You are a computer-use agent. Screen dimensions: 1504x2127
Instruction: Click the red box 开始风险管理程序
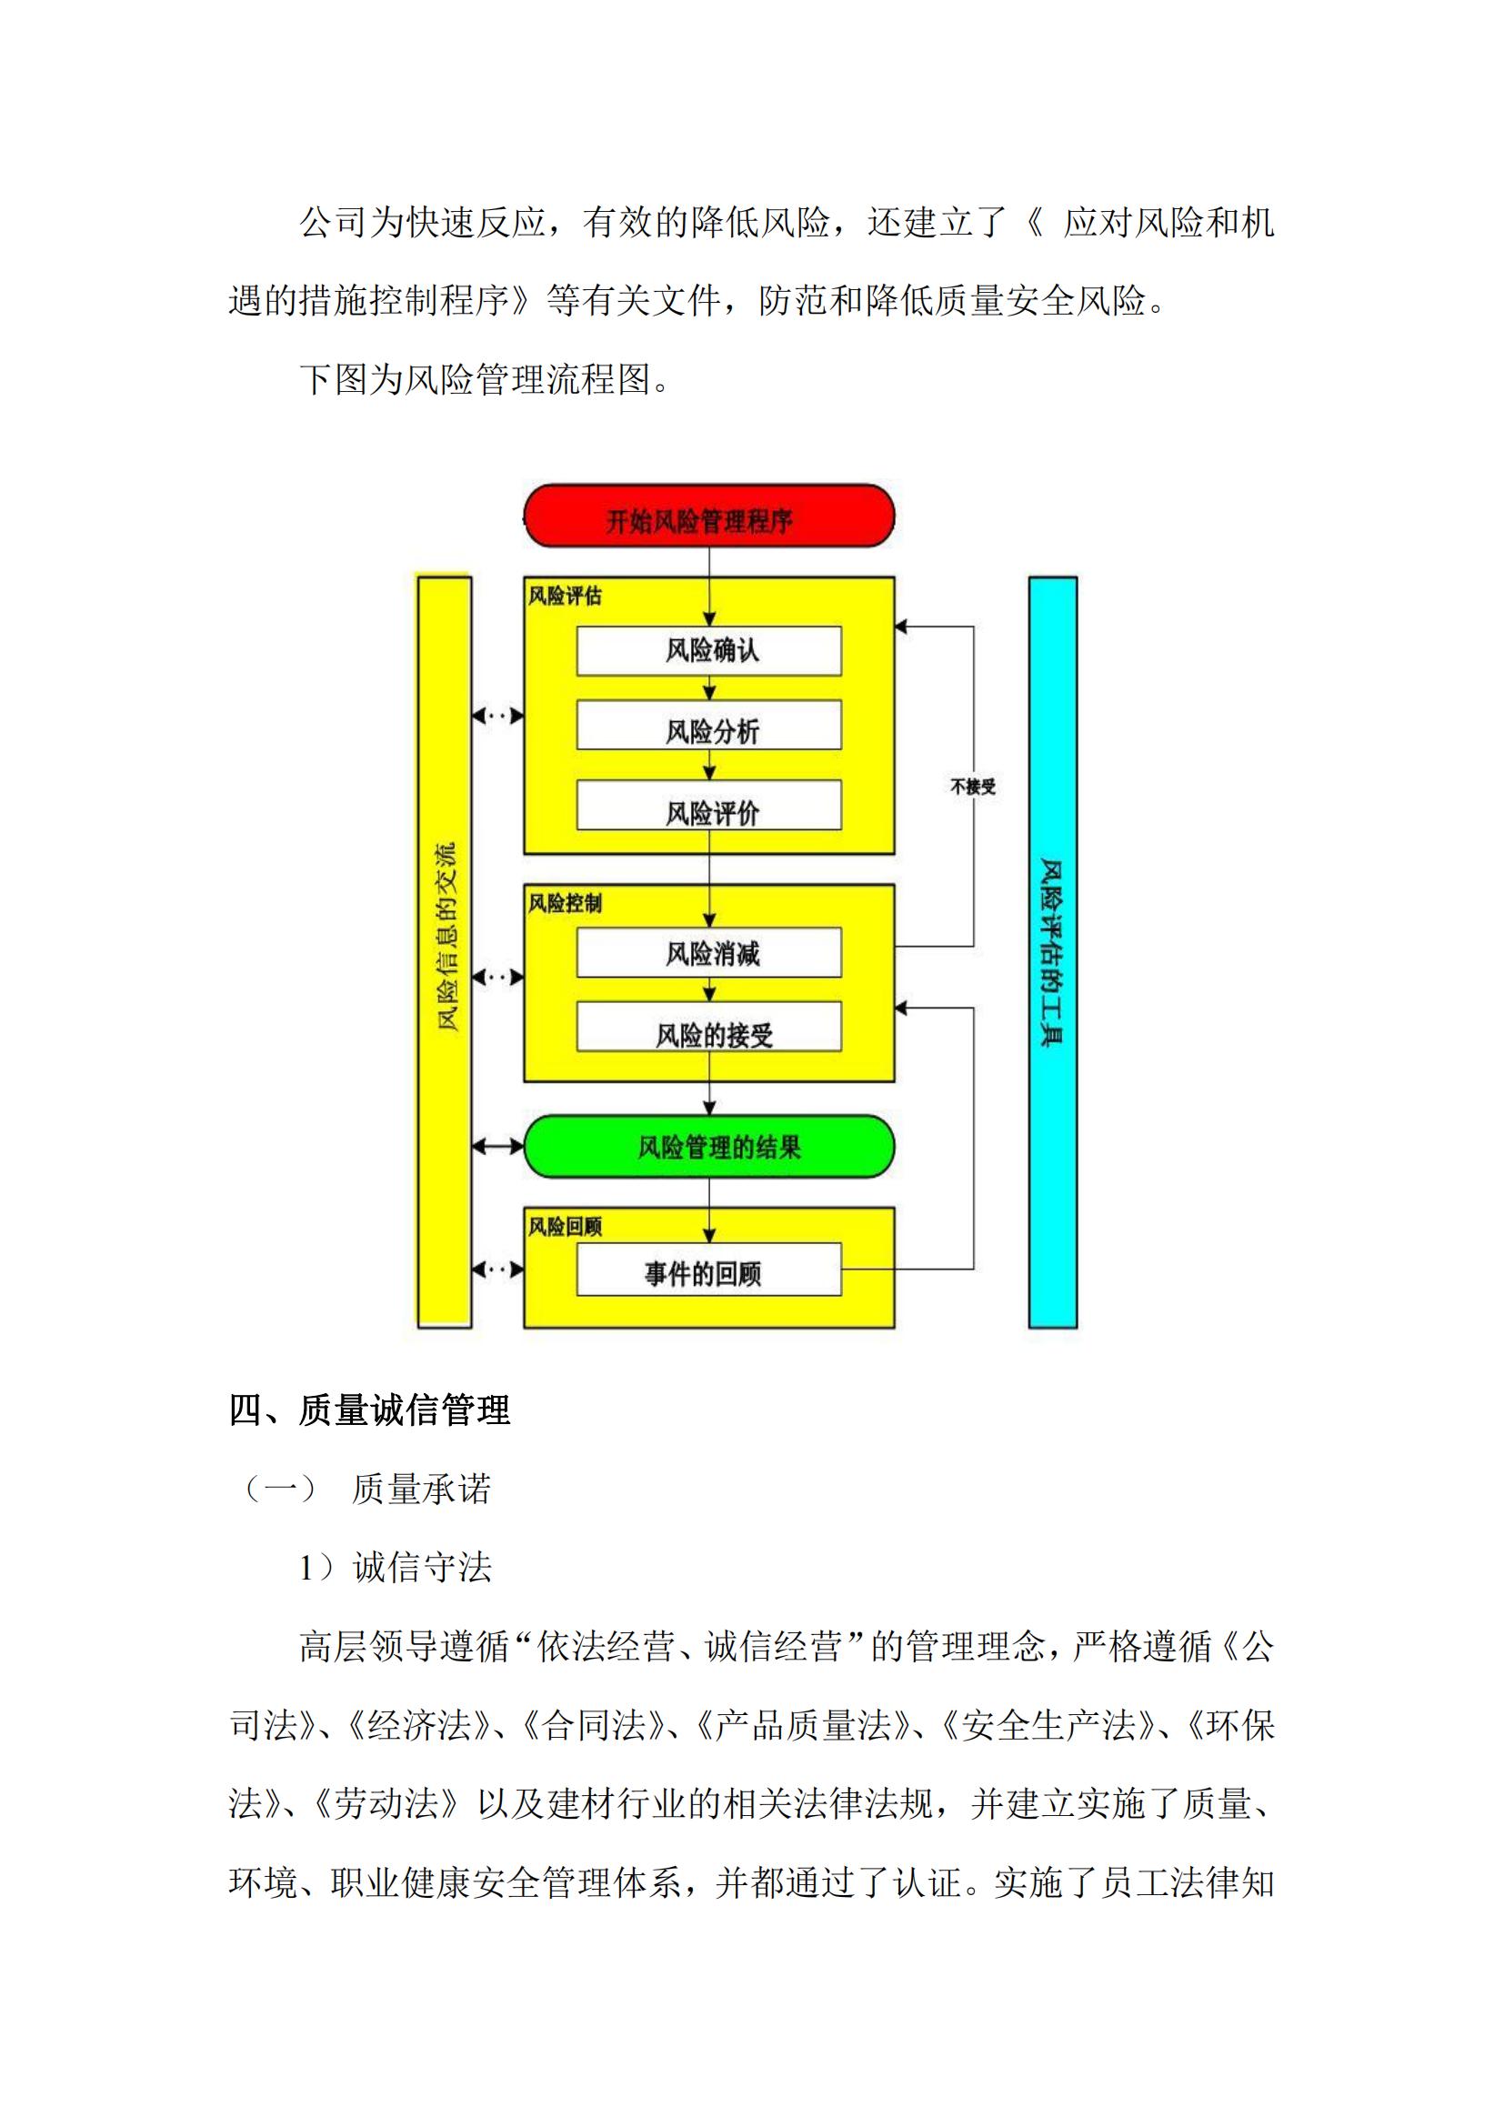[709, 516]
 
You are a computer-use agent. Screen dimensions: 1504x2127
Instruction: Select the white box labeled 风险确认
[709, 650]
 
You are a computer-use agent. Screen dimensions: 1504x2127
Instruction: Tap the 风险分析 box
[709, 725]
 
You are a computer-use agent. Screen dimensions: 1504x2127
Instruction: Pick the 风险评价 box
[709, 805]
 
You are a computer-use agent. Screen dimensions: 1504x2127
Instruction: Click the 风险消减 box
[709, 952]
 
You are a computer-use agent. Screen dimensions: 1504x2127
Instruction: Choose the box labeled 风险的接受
[709, 1027]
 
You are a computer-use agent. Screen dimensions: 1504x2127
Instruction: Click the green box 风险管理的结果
[709, 1147]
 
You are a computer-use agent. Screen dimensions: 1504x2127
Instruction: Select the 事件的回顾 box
[709, 1269]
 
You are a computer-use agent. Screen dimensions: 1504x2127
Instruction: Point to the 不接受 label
[972, 787]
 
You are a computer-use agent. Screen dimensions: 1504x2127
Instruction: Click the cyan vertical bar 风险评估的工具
[1053, 952]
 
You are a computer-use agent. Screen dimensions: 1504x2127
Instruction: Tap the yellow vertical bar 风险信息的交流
[446, 952]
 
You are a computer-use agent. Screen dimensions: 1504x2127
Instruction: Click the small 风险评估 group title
[565, 596]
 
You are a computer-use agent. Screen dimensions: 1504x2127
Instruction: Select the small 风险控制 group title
[565, 902]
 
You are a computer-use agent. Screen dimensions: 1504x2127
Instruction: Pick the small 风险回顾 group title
[565, 1227]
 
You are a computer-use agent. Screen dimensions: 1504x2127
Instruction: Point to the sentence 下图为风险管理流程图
[485, 379]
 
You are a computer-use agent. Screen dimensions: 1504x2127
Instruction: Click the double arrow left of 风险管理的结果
[498, 1147]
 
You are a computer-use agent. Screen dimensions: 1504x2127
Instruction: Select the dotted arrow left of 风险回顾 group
[498, 1269]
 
